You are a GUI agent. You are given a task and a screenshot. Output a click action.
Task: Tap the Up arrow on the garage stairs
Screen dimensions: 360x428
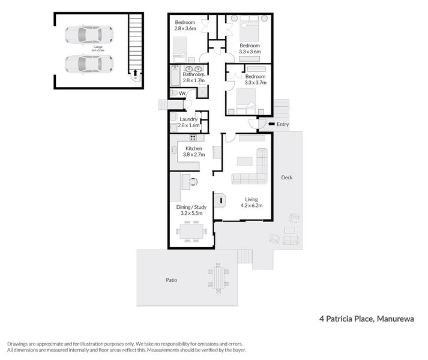(x=134, y=74)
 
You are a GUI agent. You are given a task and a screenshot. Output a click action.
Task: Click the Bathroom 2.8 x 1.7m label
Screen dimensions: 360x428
(x=185, y=77)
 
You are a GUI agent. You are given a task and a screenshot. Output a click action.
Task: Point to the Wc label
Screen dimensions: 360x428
(x=182, y=94)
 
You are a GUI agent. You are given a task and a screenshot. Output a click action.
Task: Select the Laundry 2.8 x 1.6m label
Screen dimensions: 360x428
(x=188, y=122)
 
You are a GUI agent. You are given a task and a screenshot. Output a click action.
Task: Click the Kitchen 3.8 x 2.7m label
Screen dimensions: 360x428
(x=194, y=151)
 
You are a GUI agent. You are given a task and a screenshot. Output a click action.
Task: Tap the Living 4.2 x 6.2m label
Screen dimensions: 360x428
(x=251, y=203)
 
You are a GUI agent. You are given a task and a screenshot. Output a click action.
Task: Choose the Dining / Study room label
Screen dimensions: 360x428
(x=191, y=210)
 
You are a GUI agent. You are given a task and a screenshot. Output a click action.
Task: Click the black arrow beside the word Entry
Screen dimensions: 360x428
(x=270, y=124)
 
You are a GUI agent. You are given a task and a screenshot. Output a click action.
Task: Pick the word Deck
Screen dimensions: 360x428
(x=286, y=178)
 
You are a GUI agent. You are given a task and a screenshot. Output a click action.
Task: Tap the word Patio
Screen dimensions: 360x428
(x=172, y=280)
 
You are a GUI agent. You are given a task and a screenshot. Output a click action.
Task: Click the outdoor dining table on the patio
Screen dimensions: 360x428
(x=219, y=277)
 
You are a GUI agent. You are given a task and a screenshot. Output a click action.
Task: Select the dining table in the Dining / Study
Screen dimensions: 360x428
(x=190, y=231)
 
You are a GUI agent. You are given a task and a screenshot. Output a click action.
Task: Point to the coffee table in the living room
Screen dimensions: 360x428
(x=244, y=161)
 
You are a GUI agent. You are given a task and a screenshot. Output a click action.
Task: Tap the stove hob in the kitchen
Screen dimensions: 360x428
(x=193, y=137)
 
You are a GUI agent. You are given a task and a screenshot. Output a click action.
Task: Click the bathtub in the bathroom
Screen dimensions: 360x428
(x=175, y=77)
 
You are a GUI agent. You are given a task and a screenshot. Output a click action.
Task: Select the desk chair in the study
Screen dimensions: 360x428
(x=194, y=179)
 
